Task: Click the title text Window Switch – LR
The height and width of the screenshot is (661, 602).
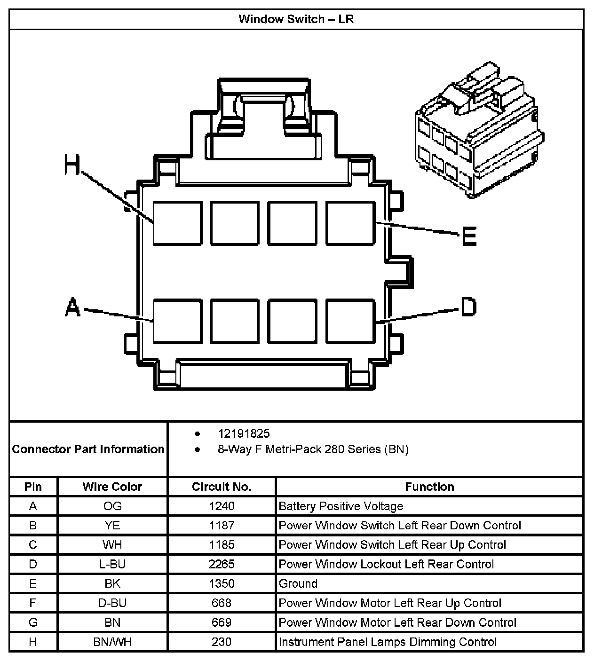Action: coord(296,19)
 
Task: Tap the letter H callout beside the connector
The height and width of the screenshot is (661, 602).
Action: coord(72,165)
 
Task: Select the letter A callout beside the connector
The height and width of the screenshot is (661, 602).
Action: coord(72,307)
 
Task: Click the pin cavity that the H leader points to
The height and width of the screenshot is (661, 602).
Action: coord(178,223)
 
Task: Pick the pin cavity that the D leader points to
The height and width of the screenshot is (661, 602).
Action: coord(350,321)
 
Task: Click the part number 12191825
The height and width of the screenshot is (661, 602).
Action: coord(244,433)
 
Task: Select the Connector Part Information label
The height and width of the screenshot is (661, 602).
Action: coord(88,449)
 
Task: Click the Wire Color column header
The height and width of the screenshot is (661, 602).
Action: coord(112,487)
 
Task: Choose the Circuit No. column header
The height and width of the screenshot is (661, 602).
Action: coord(222,487)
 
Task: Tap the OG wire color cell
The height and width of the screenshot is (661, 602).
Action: coord(112,506)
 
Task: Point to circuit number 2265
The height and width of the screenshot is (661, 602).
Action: coord(222,564)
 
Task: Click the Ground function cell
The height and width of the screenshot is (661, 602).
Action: coord(298,583)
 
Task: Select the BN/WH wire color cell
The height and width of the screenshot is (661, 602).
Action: coord(112,642)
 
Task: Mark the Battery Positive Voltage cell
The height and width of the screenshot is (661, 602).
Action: coord(341,506)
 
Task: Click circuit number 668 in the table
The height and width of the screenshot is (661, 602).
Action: coord(222,603)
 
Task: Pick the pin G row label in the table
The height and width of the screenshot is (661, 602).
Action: coord(33,622)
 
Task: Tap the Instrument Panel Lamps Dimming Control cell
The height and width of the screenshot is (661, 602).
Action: coord(388,642)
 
